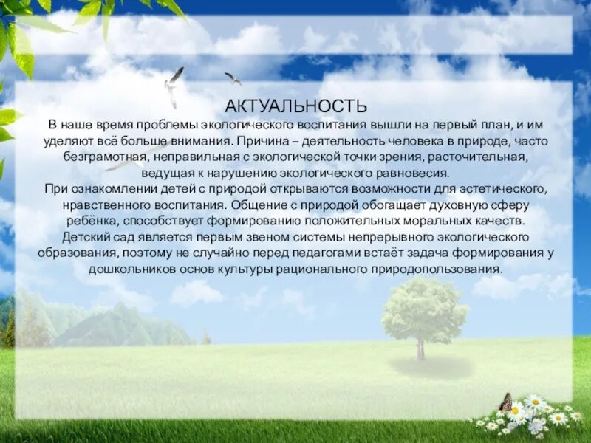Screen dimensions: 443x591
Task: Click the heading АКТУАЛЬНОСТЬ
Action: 295,107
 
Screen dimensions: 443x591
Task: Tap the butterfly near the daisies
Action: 506,402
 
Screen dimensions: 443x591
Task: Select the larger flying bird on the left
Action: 174,86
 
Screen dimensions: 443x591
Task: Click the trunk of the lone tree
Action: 421,347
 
